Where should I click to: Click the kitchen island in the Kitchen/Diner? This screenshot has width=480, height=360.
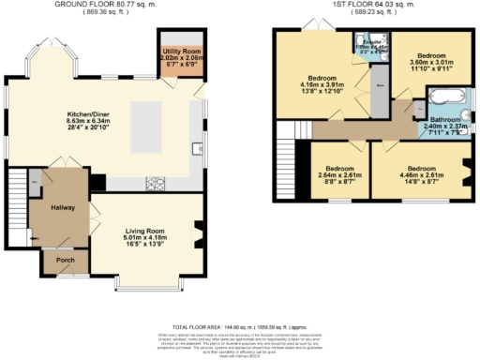tap(149, 123)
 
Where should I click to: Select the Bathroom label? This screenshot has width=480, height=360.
tap(445, 120)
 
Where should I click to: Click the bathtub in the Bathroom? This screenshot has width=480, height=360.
tap(445, 96)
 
